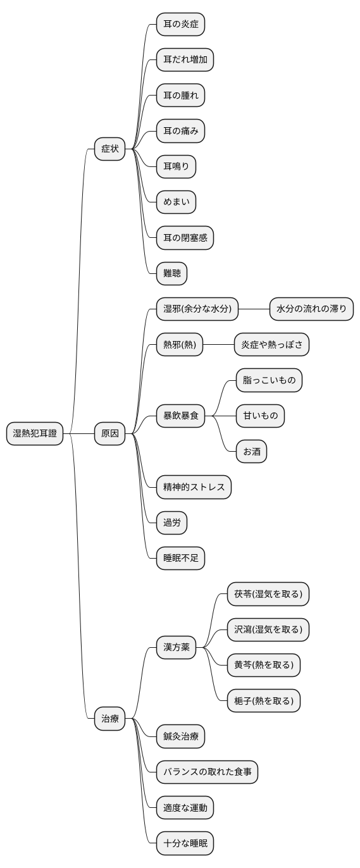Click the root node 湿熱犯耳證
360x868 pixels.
pyautogui.click(x=35, y=433)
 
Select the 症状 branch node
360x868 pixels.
pyautogui.click(x=110, y=149)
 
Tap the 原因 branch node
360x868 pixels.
pyautogui.click(x=110, y=433)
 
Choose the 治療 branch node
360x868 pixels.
pyautogui.click(x=110, y=718)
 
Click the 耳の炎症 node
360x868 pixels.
pyautogui.click(x=180, y=25)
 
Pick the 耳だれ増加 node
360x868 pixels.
pyautogui.click(x=185, y=60)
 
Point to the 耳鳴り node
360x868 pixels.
pyautogui.click(x=176, y=166)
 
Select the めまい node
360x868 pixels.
pyautogui.click(x=176, y=202)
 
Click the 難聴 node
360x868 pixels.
pyautogui.click(x=171, y=273)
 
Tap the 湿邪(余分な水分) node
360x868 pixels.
pyautogui.click(x=197, y=309)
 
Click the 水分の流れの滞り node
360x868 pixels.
pyautogui.click(x=311, y=309)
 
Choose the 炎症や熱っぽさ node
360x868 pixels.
pyautogui.click(x=271, y=345)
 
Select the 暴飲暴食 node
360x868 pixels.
pyautogui.click(x=180, y=416)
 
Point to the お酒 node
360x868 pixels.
pyautogui.click(x=251, y=452)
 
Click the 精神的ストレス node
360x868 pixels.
pyautogui.click(x=194, y=487)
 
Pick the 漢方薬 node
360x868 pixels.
pyautogui.click(x=176, y=647)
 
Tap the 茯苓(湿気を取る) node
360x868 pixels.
pyautogui.click(x=268, y=593)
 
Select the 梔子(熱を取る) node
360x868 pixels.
pyautogui.click(x=263, y=700)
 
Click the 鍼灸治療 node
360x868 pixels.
pyautogui.click(x=180, y=736)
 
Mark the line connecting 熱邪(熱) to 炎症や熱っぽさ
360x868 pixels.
pyautogui.click(x=219, y=345)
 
